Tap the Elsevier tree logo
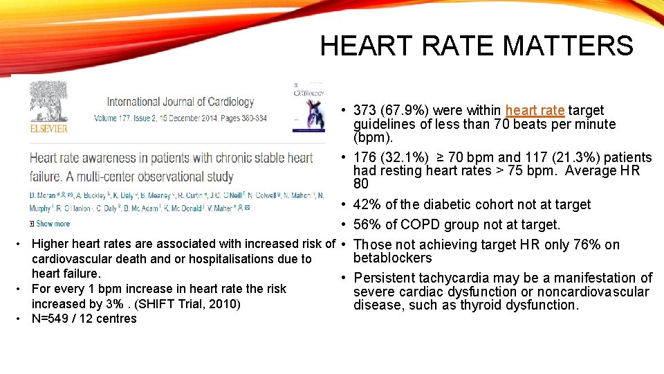pyautogui.click(x=48, y=102)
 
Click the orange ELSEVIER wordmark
pyautogui.click(x=48, y=129)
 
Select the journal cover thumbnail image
pyautogui.click(x=309, y=105)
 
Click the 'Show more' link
pyautogui.click(x=53, y=224)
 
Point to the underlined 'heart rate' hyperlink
pyautogui.click(x=535, y=111)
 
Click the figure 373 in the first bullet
pyautogui.click(x=365, y=111)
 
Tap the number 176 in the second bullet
pyautogui.click(x=365, y=158)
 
